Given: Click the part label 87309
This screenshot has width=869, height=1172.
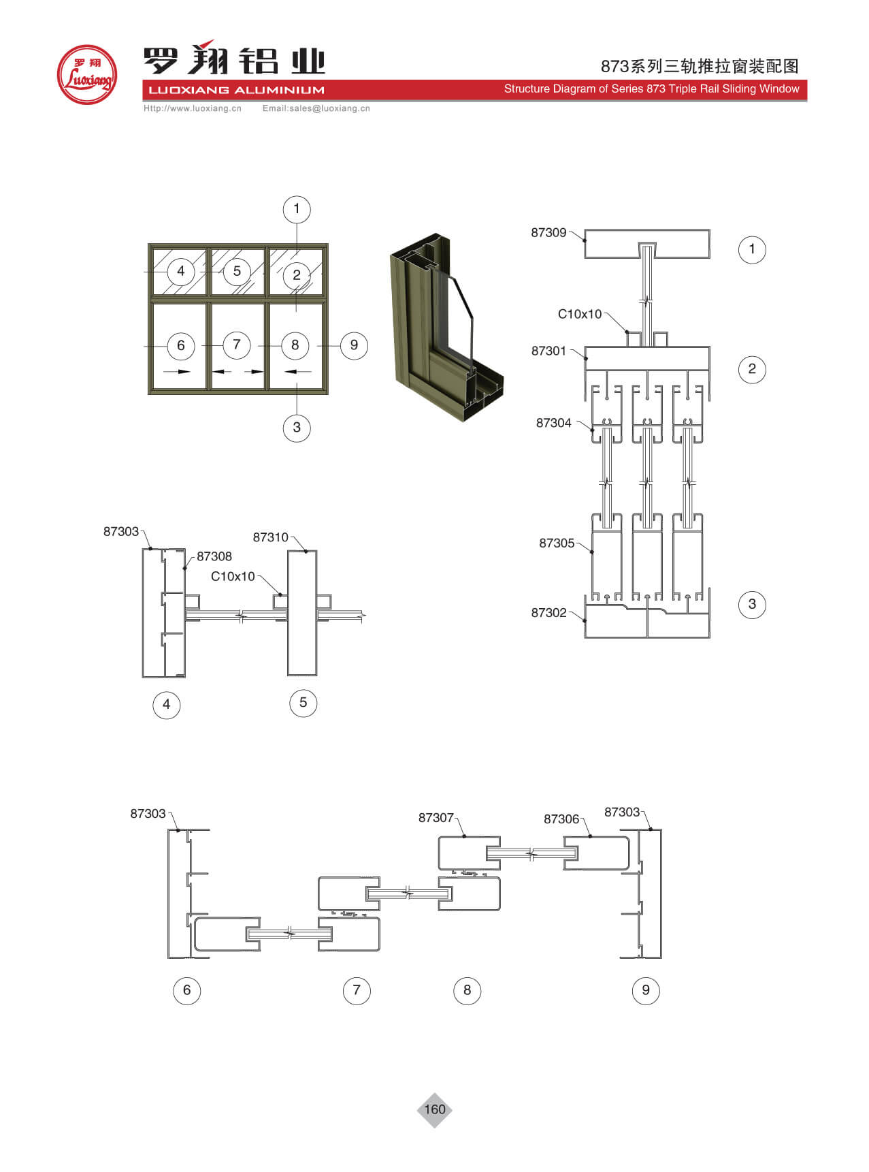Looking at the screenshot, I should coord(548,233).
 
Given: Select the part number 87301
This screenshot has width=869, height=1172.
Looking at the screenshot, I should coord(548,351).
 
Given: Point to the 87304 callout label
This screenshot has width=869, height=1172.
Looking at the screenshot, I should coord(553,424).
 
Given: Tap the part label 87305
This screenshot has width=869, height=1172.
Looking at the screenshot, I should coord(557,543).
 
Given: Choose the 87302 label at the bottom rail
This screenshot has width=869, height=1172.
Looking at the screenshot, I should coord(548,613).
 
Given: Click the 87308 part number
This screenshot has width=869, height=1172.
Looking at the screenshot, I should coord(214,557).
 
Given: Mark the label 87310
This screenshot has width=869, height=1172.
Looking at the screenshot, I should coord(270,538).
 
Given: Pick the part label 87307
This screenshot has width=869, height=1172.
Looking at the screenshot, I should coord(436,818).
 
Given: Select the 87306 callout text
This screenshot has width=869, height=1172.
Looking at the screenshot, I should coord(561,819).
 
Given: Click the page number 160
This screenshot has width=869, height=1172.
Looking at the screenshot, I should coord(435,1109).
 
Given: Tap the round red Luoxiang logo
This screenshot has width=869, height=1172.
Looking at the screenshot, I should coord(87,75).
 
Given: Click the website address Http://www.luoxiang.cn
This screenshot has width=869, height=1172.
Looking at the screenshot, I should coord(193,108).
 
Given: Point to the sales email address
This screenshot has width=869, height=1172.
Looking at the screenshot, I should coord(316,108).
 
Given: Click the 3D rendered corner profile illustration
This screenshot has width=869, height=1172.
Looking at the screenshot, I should coord(446,327).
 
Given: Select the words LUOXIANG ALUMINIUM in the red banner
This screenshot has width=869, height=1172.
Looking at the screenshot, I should coord(236,90).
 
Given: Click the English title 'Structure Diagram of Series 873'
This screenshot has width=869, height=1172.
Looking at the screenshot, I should coord(651,89).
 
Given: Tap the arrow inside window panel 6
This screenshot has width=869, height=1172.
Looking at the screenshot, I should coord(179,372).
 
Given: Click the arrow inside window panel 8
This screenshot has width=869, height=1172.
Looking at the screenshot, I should coord(297,372).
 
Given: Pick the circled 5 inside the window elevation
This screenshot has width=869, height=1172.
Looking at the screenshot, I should coord(237,271).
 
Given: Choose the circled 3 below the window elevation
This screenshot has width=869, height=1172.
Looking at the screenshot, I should coord(297,428).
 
